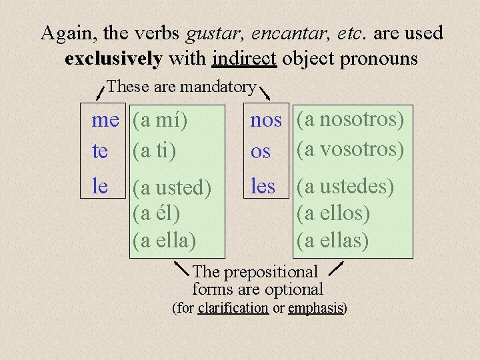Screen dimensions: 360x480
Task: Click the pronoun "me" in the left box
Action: coord(105,121)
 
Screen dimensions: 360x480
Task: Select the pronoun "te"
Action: coord(100,152)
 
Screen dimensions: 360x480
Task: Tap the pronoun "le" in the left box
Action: coord(100,187)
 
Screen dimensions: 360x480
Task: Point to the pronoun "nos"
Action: coord(266,121)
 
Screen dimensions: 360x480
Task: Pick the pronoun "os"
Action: coord(261,152)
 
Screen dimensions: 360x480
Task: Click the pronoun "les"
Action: coord(263,187)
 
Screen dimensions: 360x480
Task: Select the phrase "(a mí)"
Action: coord(160,121)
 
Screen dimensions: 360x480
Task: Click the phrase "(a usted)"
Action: coord(172,188)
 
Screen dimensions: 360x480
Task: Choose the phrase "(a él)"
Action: coord(157,213)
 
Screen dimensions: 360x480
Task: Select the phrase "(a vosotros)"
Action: coord(351,149)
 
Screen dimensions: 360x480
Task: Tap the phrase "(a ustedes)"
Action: coord(345,187)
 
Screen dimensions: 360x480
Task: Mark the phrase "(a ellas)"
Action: coord(332,239)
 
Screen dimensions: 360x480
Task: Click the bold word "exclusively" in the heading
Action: coord(113,59)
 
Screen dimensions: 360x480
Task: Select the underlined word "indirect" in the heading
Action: coord(244,59)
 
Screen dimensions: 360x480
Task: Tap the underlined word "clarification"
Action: coord(233,308)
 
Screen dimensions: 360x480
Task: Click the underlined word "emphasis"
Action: coord(315,308)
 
